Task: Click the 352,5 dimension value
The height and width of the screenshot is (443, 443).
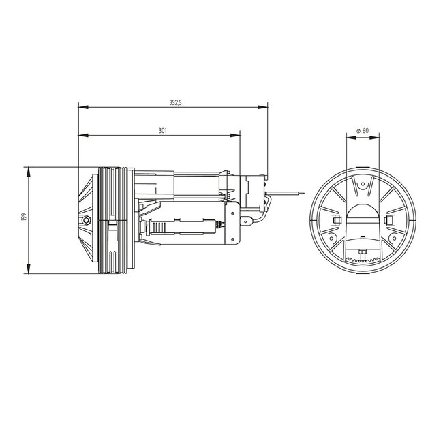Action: point(175,102)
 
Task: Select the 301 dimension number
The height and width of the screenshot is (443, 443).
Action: point(162,129)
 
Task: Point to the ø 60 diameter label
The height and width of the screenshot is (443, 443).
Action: point(363,129)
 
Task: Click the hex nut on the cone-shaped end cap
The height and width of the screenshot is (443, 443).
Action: point(87,221)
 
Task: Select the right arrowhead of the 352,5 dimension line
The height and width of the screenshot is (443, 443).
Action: point(264,106)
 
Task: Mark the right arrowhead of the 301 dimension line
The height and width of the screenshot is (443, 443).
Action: point(238,134)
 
